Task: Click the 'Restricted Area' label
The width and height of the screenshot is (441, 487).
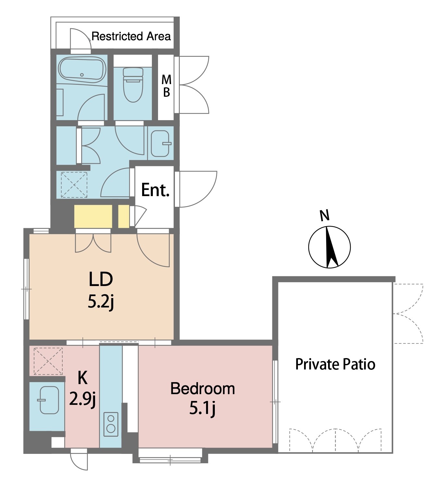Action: [x=131, y=36]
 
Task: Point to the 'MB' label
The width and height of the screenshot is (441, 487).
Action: [x=166, y=86]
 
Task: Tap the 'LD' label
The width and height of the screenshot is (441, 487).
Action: [x=101, y=280]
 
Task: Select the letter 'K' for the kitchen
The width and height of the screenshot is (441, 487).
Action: [x=82, y=378]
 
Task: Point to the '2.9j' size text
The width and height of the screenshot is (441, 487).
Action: [x=82, y=399]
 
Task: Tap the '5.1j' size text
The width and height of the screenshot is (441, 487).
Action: [x=202, y=408]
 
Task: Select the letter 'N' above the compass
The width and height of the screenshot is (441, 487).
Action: [x=325, y=215]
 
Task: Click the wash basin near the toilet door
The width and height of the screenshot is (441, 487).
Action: [x=161, y=144]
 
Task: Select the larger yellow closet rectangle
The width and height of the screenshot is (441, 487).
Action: [x=93, y=217]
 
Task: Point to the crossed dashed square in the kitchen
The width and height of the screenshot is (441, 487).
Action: [x=48, y=361]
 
